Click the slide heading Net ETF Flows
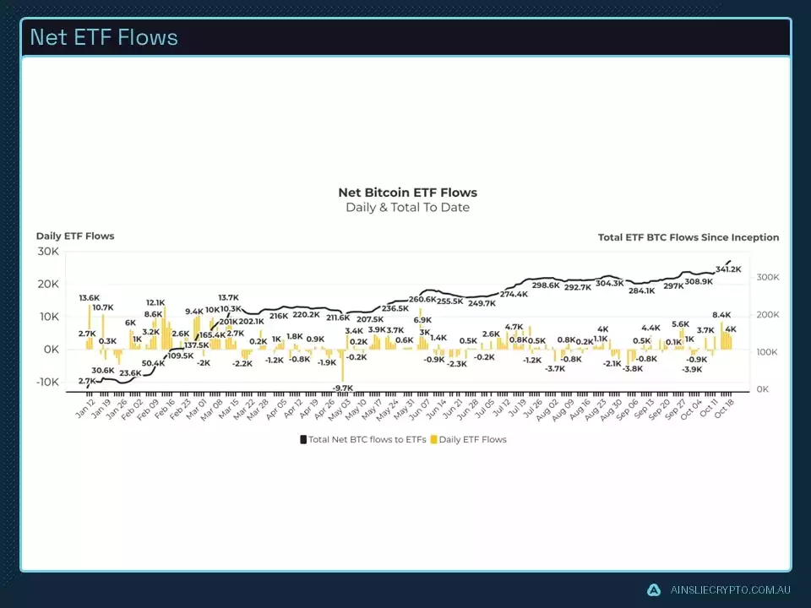pos(104,37)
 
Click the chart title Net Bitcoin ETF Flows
pos(407,193)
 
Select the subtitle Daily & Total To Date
pos(407,208)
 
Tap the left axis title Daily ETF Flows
pos(75,236)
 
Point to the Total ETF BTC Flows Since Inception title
pos(689,237)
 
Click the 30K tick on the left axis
pos(47,252)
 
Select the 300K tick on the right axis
pos(766,278)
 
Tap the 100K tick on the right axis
pos(766,352)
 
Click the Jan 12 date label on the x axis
pos(84,409)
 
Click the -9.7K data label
pos(342,388)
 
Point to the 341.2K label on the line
pos(727,269)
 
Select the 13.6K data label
pos(89,298)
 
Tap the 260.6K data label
pos(422,299)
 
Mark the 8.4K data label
pos(721,315)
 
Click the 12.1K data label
pos(155,302)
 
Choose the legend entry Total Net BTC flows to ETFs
pos(362,439)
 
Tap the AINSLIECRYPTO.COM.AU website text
pos(729,589)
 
